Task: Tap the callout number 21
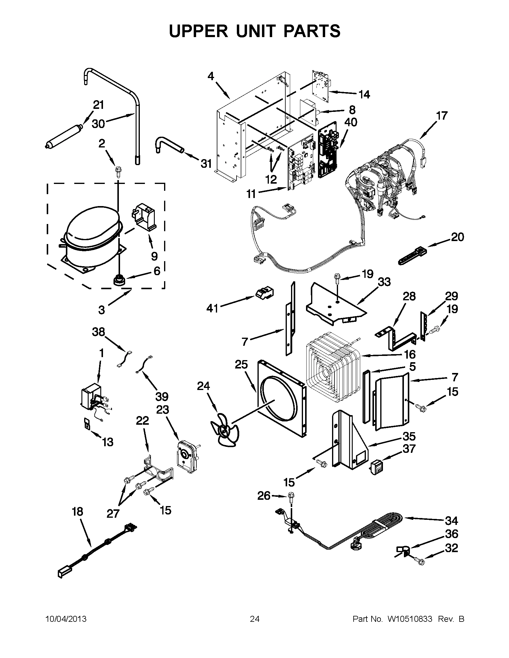pos(98,105)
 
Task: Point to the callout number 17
pos(442,116)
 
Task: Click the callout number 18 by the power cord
pos(78,512)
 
